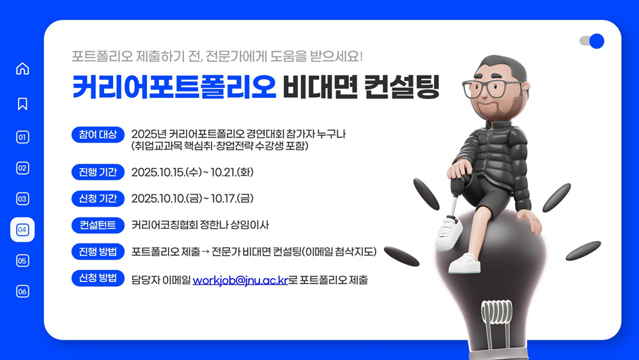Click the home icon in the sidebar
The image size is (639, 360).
[x=22, y=68]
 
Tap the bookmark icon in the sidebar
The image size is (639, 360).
[x=22, y=104]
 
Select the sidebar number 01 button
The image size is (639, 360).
[x=22, y=137]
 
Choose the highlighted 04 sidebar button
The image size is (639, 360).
[x=22, y=230]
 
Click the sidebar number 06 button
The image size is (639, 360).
[x=22, y=291]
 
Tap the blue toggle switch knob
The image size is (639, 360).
[x=597, y=41]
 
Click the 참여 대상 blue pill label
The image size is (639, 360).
[x=98, y=134]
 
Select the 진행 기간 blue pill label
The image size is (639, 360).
[x=98, y=172]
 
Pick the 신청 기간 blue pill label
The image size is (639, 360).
[x=98, y=199]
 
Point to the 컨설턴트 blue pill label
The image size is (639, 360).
[x=98, y=225]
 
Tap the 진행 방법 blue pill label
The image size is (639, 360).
[x=98, y=251]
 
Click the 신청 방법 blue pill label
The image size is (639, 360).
[x=98, y=278]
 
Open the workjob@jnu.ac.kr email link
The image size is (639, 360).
[x=240, y=281]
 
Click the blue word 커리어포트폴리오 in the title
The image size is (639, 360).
[x=174, y=86]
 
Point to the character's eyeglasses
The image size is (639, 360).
[x=492, y=88]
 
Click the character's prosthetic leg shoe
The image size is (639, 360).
[x=449, y=233]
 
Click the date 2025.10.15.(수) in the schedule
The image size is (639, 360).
[x=167, y=173]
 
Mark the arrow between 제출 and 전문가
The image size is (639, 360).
[x=205, y=252]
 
